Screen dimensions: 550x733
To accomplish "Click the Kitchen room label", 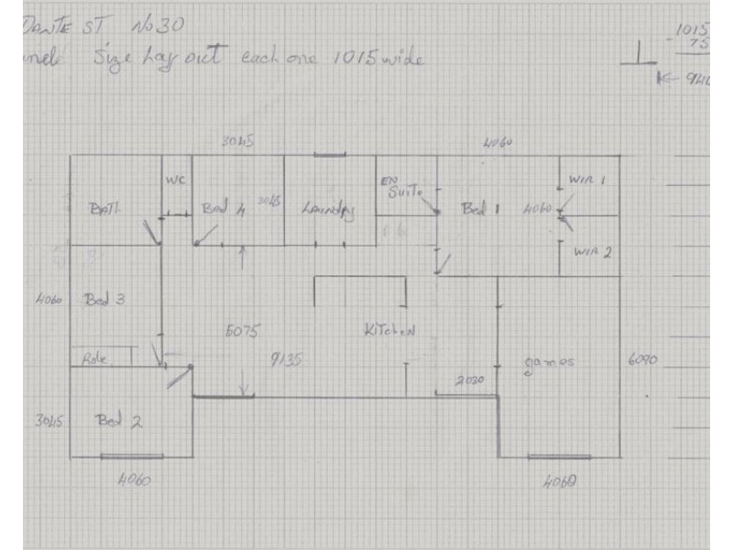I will (388, 331).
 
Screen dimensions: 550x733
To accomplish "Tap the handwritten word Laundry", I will (328, 210).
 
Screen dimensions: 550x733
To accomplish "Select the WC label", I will (175, 181).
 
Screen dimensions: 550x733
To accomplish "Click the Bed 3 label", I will (104, 299).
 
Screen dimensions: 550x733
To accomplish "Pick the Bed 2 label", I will (119, 422).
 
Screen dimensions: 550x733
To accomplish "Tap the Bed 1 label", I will (479, 209).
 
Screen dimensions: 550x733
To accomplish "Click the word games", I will (549, 362).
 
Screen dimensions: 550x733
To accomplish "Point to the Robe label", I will (95, 358).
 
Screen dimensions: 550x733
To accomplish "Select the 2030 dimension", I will (470, 379).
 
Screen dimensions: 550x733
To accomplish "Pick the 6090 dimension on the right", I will (640, 360).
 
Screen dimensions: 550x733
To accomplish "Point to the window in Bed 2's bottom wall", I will (132, 456).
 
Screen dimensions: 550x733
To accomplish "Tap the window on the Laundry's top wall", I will (329, 155).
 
